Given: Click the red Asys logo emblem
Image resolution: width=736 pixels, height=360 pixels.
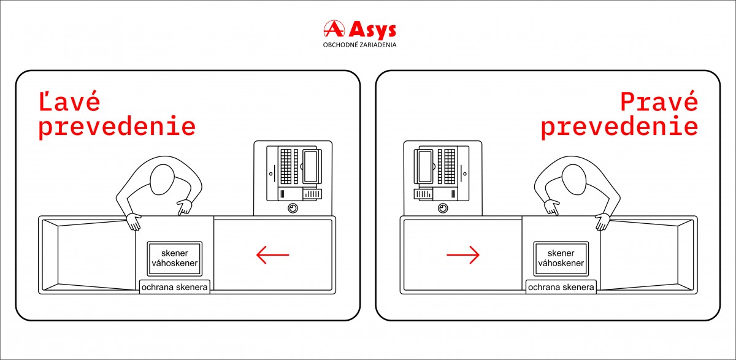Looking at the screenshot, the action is [334, 29].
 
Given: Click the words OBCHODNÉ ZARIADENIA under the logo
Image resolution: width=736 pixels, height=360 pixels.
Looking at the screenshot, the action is [360, 45].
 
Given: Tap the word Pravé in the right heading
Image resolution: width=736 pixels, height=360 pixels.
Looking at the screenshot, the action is [659, 101].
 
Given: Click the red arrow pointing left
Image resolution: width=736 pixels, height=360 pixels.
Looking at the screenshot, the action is [273, 255].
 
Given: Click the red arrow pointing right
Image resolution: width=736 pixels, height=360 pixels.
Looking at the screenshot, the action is [463, 255].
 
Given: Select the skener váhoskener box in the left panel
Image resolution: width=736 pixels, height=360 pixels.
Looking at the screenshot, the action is [174, 259].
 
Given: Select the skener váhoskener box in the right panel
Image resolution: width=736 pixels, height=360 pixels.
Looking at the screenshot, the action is [561, 259].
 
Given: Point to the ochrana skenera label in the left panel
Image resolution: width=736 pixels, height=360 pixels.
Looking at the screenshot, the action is [174, 287].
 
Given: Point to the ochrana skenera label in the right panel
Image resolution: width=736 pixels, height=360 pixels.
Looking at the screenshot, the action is [561, 287].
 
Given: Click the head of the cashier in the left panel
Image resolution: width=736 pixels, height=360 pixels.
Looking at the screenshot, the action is [162, 180].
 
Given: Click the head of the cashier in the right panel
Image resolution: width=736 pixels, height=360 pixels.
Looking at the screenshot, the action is [574, 180].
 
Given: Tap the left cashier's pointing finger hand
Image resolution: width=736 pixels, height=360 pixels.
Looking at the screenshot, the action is [185, 207].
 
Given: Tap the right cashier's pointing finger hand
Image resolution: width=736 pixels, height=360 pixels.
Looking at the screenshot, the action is [551, 207].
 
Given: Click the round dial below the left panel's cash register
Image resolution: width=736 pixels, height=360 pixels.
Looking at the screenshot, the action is [293, 209].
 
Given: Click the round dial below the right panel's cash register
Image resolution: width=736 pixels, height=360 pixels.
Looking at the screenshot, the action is [443, 209].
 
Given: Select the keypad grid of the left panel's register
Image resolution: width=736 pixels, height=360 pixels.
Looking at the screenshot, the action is [286, 166].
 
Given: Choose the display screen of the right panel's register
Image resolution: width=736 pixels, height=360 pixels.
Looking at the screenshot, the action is [426, 166].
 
